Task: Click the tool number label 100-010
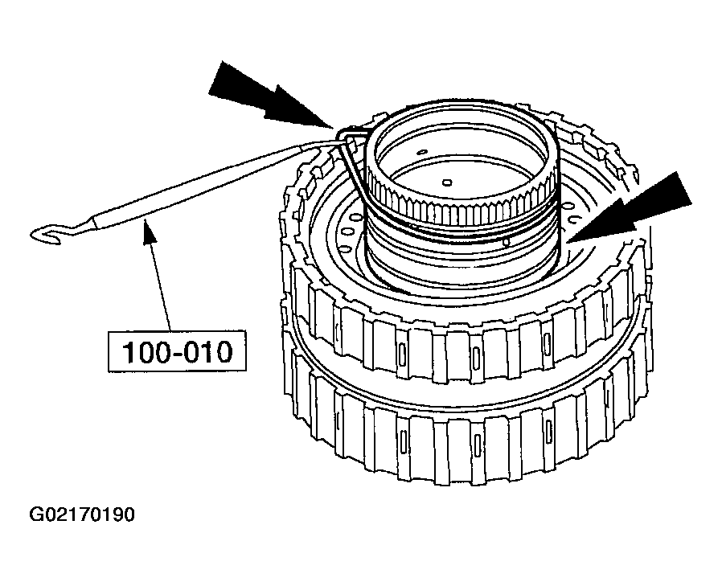[x=177, y=352]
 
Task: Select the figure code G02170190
[x=82, y=514]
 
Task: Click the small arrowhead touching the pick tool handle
[x=148, y=230]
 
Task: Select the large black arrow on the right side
[x=631, y=207]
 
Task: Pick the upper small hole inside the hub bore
[x=420, y=151]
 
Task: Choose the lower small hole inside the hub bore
[x=447, y=182]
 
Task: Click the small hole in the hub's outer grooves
[x=507, y=241]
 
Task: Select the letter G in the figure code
[x=35, y=514]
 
